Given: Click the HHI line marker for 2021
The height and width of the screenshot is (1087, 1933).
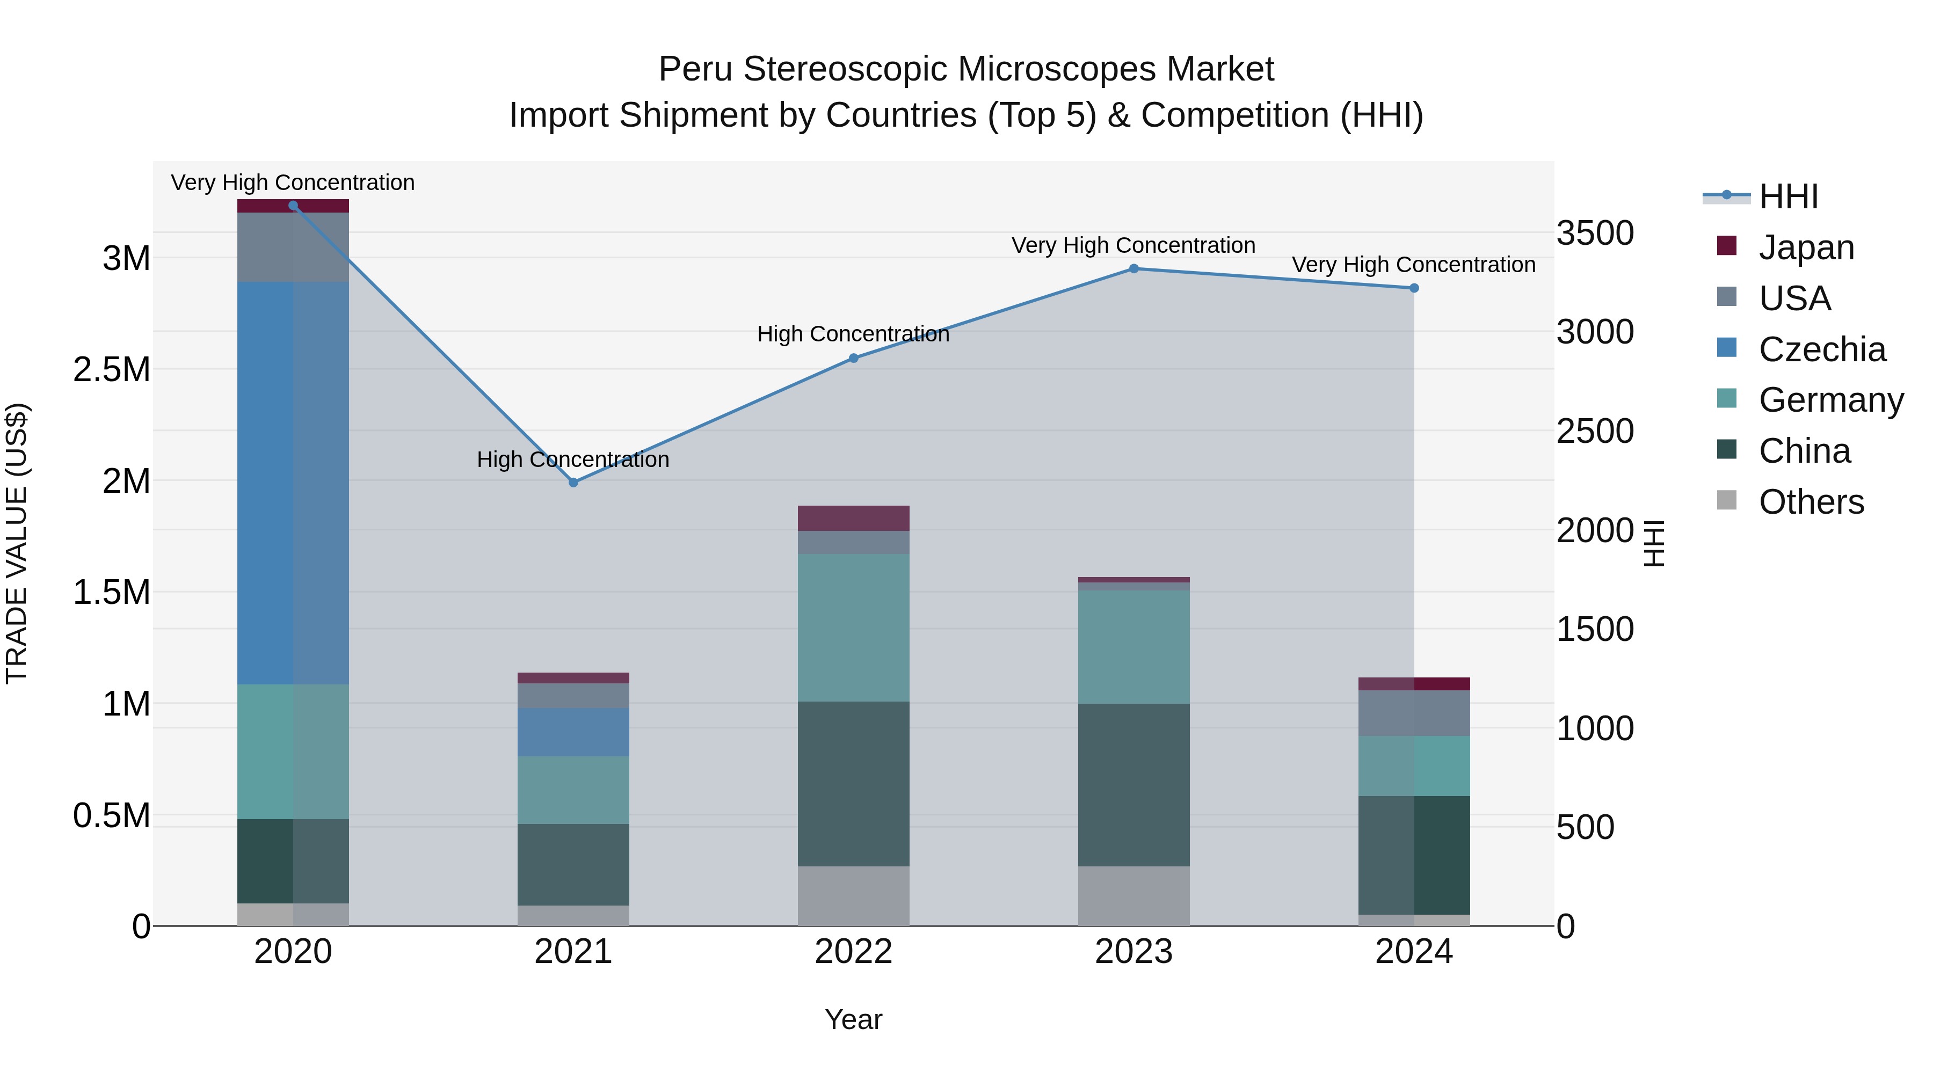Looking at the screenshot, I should pyautogui.click(x=573, y=483).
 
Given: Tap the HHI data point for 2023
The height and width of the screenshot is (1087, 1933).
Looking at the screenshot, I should pyautogui.click(x=1134, y=268).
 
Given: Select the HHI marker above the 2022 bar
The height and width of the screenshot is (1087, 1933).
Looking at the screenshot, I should pyautogui.click(x=853, y=358).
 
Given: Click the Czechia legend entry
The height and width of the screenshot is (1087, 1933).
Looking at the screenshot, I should pyautogui.click(x=1821, y=349).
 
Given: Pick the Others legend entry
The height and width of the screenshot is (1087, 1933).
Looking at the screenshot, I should pyautogui.click(x=1811, y=502).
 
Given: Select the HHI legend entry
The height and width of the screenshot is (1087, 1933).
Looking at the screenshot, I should pyautogui.click(x=1787, y=196).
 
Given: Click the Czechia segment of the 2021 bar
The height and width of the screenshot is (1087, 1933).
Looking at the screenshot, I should pyautogui.click(x=573, y=732).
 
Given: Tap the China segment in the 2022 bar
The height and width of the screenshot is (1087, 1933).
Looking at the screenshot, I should pyautogui.click(x=853, y=784).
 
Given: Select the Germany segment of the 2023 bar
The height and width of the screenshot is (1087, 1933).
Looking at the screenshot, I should pyautogui.click(x=1134, y=647).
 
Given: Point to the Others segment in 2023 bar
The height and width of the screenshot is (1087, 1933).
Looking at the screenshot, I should pyautogui.click(x=1134, y=896).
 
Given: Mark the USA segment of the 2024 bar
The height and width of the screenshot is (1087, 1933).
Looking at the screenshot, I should pyautogui.click(x=1414, y=713).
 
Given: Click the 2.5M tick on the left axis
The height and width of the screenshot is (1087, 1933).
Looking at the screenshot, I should pyautogui.click(x=112, y=370).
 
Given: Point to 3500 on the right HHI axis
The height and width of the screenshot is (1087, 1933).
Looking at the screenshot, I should pyautogui.click(x=1595, y=234).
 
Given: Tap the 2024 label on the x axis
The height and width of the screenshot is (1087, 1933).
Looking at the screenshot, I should pyautogui.click(x=1414, y=952).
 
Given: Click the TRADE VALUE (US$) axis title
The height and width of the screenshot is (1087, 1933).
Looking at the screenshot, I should pyautogui.click(x=17, y=543).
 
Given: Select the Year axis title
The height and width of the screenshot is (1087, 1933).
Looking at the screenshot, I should pyautogui.click(x=853, y=1019).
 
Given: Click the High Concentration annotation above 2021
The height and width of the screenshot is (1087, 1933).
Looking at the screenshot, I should pyautogui.click(x=573, y=459).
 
